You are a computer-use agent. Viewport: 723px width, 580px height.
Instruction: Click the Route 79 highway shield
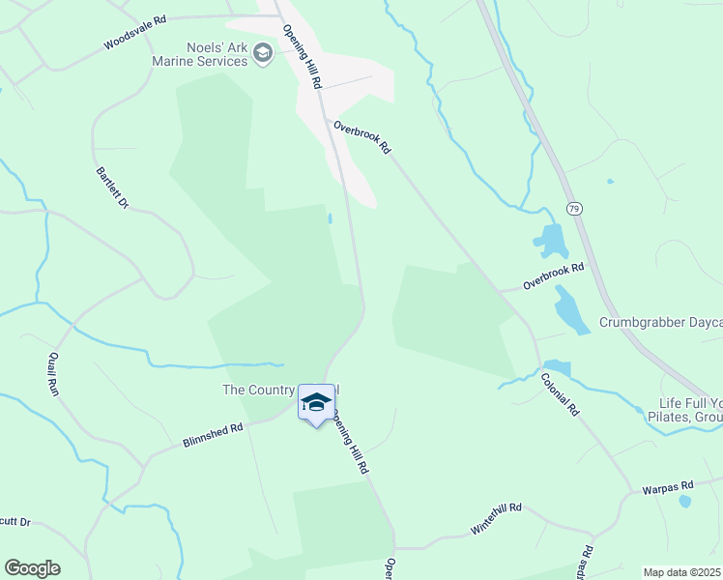(x=573, y=209)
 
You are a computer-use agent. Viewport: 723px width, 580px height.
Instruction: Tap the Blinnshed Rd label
(x=212, y=435)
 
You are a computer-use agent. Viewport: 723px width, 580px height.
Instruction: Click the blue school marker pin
(x=316, y=403)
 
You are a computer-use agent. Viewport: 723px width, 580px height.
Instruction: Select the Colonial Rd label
(x=560, y=394)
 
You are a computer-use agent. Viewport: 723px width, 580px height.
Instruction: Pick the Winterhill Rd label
(x=496, y=518)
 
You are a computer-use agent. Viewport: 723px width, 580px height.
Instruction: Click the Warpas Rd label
(x=668, y=487)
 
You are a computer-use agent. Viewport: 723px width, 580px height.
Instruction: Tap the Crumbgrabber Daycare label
(x=660, y=323)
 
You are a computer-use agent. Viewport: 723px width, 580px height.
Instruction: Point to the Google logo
(x=32, y=568)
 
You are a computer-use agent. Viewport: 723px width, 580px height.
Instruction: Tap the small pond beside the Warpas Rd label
(x=685, y=502)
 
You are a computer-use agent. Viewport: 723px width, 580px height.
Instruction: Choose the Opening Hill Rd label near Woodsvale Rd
(x=302, y=54)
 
